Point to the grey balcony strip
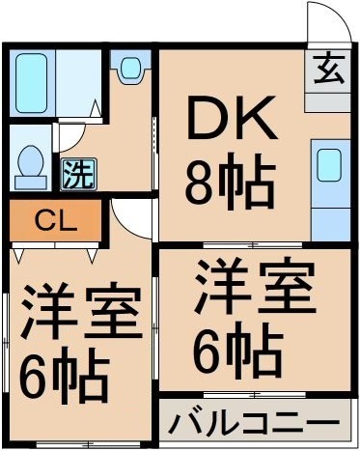[x=253, y=423]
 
